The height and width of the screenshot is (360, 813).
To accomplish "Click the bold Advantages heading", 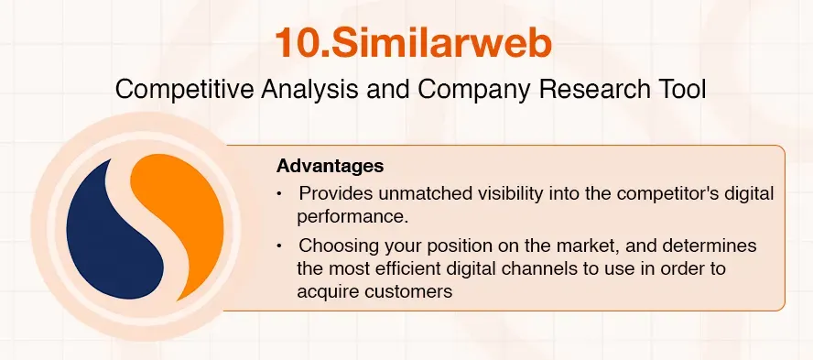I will pos(330,168).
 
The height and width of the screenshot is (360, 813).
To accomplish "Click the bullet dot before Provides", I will pos(280,194).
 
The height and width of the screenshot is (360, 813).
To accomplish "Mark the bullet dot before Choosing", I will pos(280,246).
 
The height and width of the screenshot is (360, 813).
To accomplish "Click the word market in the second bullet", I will pos(561,246).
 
